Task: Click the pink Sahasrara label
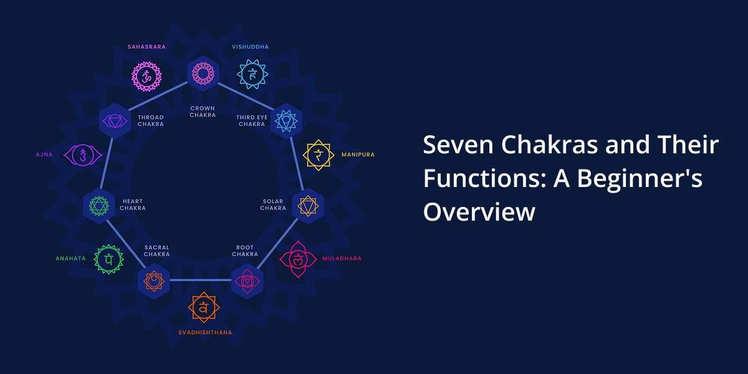146,47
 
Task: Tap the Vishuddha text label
251,47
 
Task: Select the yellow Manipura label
358,155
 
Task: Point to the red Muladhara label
342,259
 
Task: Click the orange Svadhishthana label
205,333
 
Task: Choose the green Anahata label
70,259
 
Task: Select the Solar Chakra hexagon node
308,206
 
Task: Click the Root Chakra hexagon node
247,281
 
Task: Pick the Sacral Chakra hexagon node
153,281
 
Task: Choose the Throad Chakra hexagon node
115,120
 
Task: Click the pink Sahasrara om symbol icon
146,77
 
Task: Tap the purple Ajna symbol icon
82,155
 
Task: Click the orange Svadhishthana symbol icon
203,307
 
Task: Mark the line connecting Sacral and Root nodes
201,280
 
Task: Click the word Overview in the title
479,212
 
